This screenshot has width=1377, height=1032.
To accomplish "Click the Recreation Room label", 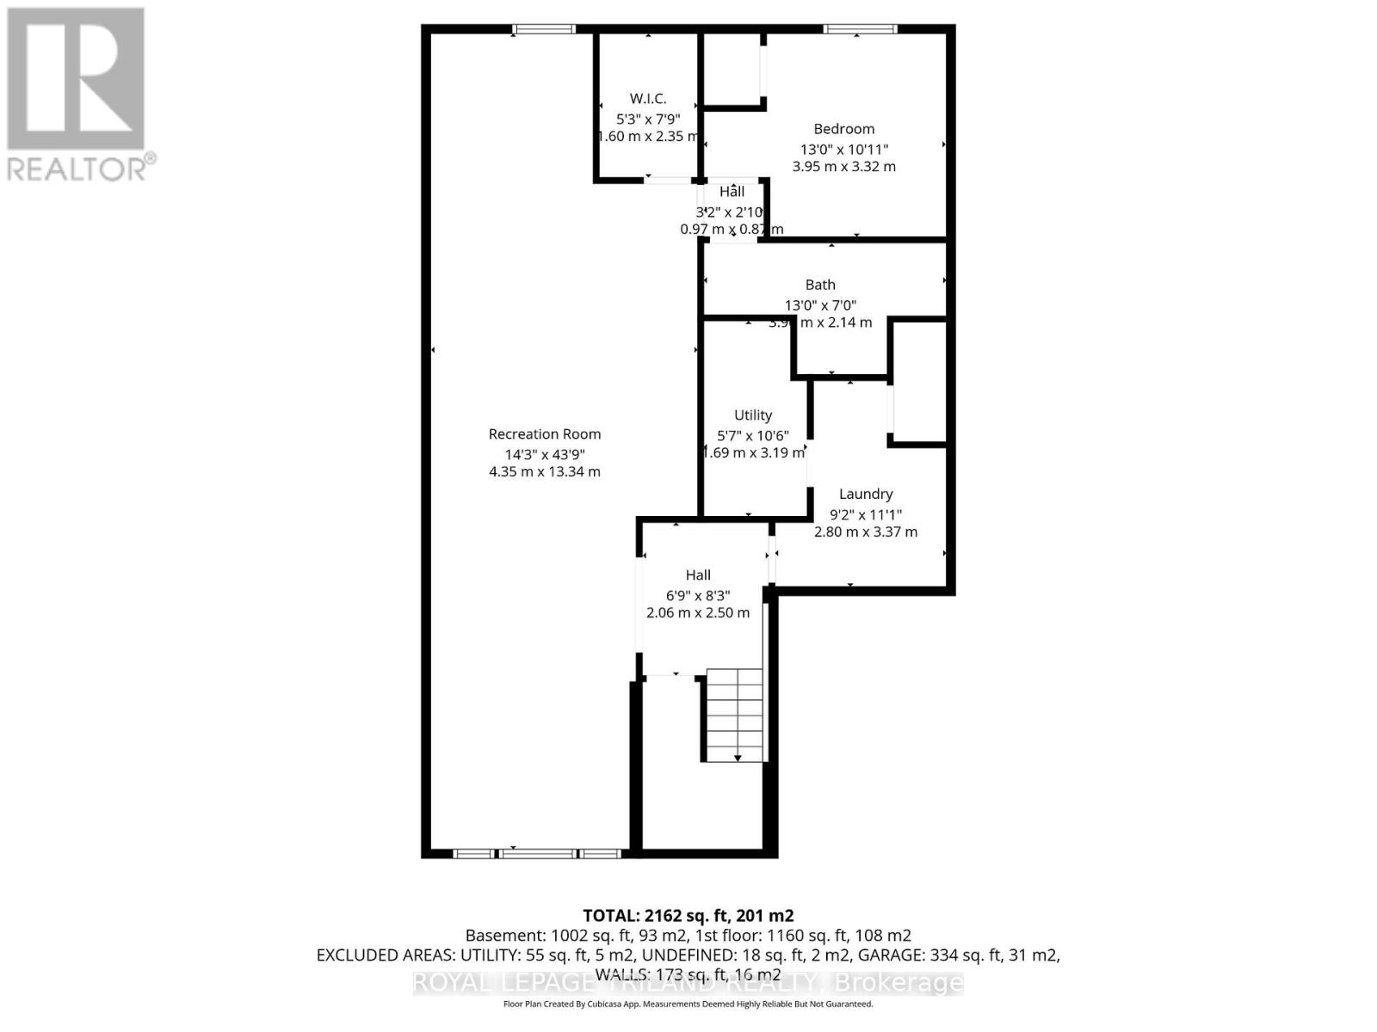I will tap(544, 434).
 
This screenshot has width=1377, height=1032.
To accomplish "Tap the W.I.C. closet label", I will tap(648, 99).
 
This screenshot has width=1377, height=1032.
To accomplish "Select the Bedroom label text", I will tap(843, 129).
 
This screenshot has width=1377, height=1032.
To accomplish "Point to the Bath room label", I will tap(820, 285).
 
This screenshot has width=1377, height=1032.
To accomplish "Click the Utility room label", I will tap(753, 415).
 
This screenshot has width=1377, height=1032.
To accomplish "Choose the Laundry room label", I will tap(866, 494).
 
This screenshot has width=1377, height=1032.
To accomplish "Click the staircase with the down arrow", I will tap(734, 715).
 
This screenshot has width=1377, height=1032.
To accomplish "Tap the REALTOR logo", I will tap(78, 94).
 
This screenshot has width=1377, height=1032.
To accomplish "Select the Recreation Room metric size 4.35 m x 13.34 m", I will tap(545, 471).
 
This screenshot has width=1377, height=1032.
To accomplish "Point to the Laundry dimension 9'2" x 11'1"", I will tap(865, 514).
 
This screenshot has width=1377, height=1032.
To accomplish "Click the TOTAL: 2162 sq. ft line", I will tap(688, 915).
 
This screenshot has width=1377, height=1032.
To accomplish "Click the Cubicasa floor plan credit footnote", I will tap(688, 1004).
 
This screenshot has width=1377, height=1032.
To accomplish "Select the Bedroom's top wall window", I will tap(860, 29).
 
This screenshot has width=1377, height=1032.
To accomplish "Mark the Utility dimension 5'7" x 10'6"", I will tap(752, 436).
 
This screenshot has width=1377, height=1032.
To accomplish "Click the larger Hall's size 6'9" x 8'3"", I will tap(698, 595).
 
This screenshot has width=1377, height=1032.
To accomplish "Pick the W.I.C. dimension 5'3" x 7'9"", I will tap(648, 119).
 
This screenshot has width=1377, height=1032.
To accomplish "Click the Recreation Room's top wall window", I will tap(544, 29).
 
